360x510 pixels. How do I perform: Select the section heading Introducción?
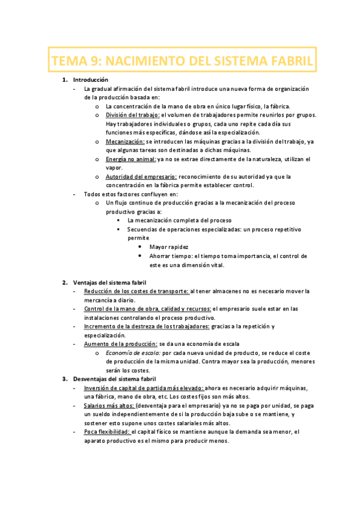pos(90,79)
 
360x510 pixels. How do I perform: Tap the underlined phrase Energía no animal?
pos(130,159)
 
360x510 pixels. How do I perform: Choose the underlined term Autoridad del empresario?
pos(141,176)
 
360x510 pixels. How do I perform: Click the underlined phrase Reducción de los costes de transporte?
pos(137,291)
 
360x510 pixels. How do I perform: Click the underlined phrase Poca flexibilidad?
pos(107,432)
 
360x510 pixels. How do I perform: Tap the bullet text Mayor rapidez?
pos(169,247)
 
